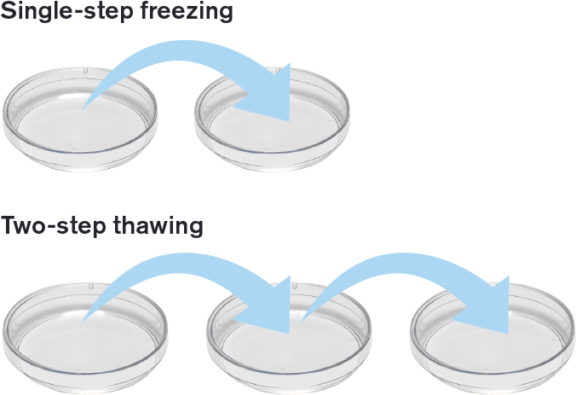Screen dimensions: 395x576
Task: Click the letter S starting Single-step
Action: [x=7, y=12]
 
